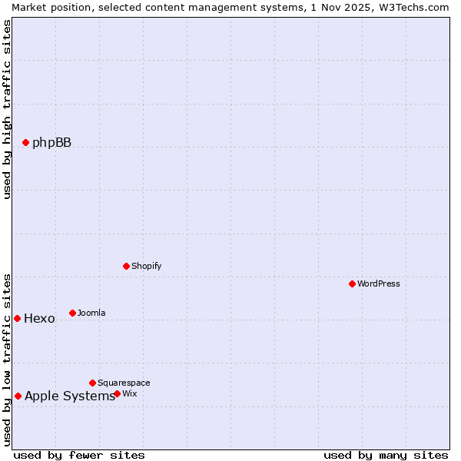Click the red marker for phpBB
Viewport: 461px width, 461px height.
pos(25,142)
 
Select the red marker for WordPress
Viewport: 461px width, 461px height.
pos(353,284)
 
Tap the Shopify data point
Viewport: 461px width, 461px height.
pos(127,266)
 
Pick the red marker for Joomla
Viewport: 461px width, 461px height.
pos(73,313)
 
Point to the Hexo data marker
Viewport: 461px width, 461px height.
pos(17,318)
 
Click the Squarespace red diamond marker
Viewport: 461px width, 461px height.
pos(93,383)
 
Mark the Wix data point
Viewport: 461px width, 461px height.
pos(118,393)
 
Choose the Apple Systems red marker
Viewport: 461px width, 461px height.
pos(18,396)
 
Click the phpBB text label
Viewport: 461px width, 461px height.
pos(51,142)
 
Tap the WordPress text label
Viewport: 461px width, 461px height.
pos(379,284)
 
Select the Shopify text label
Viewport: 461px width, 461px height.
pos(146,266)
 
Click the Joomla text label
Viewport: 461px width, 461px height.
pos(91,313)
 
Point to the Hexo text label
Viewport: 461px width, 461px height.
pos(39,318)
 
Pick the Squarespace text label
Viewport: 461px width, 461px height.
pos(124,383)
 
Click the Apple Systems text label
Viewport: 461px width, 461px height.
pos(69,396)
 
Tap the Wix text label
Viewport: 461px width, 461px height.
pos(129,393)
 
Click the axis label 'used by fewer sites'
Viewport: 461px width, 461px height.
pos(79,455)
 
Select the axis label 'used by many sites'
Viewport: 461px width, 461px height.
pos(386,455)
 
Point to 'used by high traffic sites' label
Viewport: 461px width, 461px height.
pos(7,109)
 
